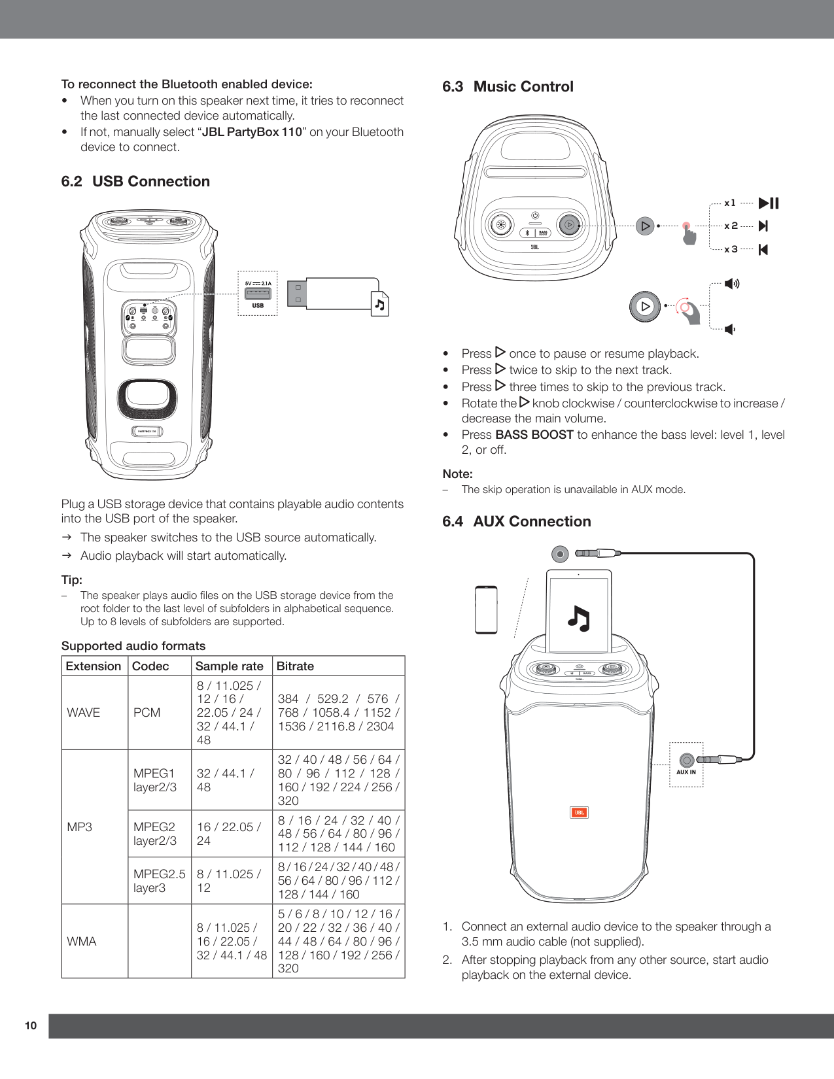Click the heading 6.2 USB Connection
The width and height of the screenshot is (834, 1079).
[x=135, y=181]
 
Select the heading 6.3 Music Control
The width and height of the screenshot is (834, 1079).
[x=508, y=86]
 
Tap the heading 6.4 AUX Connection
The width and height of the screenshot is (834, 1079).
[x=516, y=521]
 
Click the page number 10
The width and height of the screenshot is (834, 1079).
[x=31, y=1025]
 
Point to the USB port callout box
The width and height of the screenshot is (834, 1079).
[x=257, y=294]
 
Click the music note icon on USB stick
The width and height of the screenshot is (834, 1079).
[x=379, y=305]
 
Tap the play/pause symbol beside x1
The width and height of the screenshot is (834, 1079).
[x=769, y=203]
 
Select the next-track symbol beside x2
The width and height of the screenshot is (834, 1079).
[x=763, y=226]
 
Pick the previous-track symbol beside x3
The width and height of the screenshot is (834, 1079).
[x=763, y=249]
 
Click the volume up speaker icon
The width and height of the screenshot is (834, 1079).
[x=732, y=284]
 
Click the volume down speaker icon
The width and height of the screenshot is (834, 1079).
[x=730, y=329]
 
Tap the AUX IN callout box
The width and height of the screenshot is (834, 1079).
[x=686, y=764]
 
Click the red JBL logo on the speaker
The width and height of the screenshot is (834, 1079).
[x=579, y=813]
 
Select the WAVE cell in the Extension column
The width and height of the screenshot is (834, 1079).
[x=84, y=713]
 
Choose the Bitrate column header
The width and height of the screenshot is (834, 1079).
[x=295, y=666]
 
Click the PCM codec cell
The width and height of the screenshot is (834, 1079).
[x=147, y=713]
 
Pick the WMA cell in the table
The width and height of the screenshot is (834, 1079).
[x=82, y=942]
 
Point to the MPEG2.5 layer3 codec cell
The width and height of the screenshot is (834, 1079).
[x=159, y=881]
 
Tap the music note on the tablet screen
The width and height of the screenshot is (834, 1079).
[x=578, y=618]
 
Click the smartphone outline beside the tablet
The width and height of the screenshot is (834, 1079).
[x=486, y=610]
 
